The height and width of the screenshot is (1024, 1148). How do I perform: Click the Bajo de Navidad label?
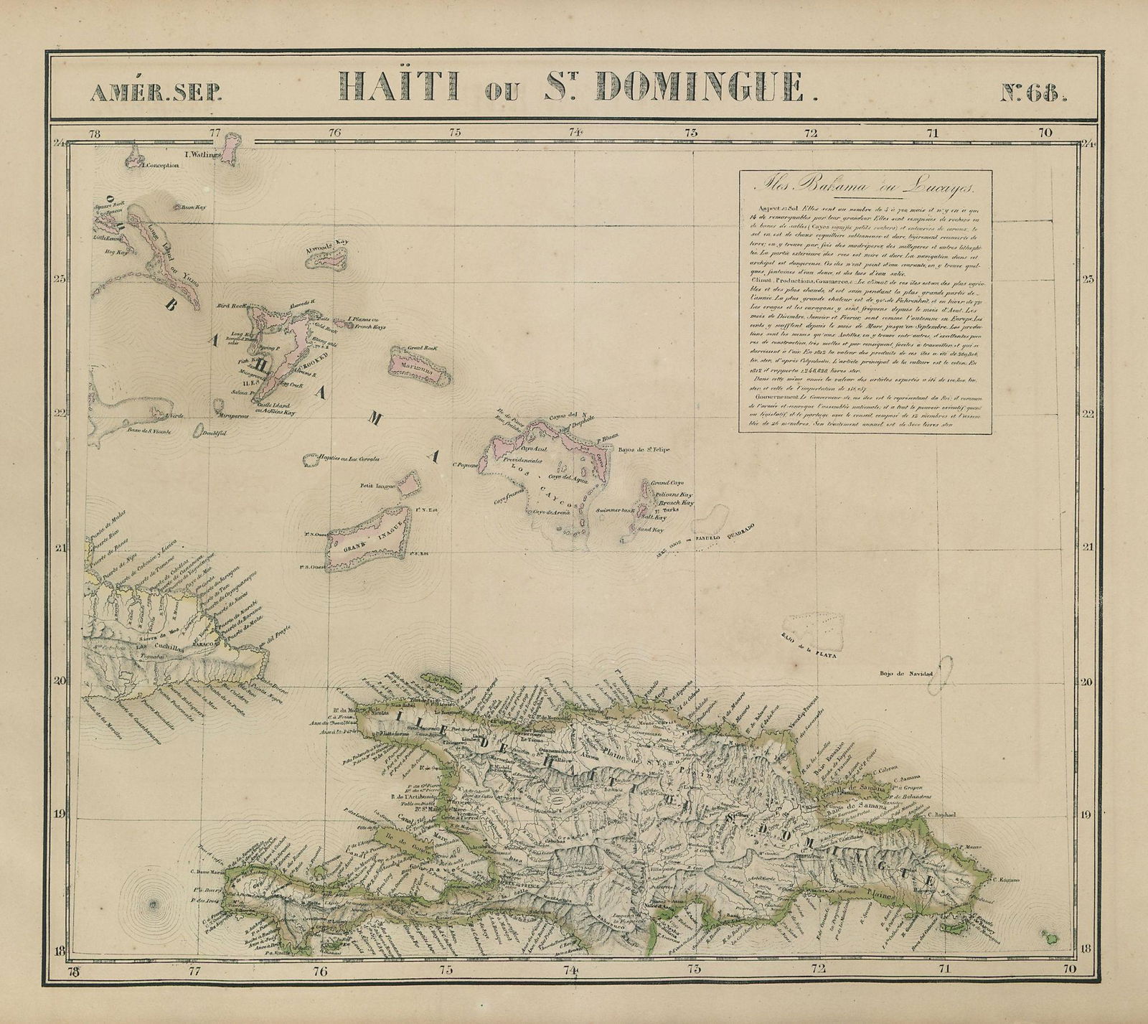908,674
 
